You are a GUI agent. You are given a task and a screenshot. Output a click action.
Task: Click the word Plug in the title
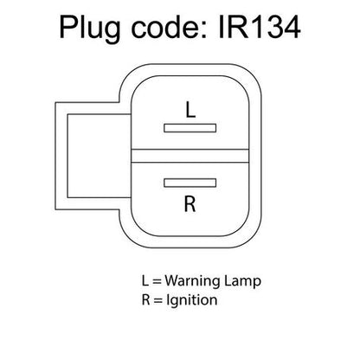point(90,29)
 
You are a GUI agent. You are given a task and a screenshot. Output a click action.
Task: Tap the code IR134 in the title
point(260,28)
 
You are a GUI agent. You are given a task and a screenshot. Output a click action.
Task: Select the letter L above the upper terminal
point(190,110)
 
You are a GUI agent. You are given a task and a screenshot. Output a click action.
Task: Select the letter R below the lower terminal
point(190,204)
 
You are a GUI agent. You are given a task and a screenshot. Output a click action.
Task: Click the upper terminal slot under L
point(190,128)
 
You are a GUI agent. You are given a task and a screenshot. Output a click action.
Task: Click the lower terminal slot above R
point(190,183)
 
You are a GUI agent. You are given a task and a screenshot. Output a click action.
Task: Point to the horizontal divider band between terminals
point(190,156)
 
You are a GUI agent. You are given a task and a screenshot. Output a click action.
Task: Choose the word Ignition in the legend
point(192,300)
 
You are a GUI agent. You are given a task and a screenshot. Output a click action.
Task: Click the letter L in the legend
point(145,280)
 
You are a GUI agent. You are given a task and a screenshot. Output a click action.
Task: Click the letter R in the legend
point(145,299)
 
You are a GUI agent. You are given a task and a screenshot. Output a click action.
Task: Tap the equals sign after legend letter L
point(157,281)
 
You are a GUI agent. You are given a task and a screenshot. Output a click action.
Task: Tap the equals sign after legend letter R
point(158,300)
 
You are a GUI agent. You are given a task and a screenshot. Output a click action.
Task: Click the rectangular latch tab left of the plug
point(93,156)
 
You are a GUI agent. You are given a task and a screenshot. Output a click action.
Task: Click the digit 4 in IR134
point(291,28)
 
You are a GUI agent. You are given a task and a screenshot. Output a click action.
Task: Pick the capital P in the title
point(68,28)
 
